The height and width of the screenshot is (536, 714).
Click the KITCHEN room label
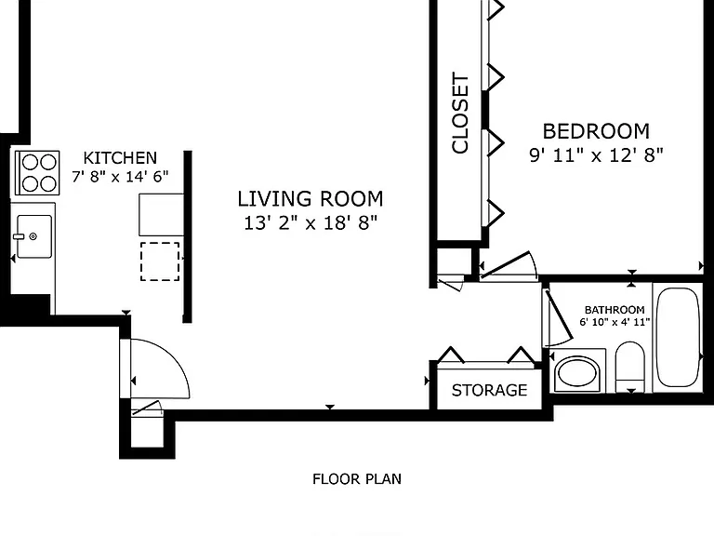120,158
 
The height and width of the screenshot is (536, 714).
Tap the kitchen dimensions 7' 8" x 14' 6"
120,176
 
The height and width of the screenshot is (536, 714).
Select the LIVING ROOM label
311,199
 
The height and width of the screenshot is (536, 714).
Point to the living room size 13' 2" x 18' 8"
311,223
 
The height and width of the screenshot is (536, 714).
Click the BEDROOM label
596,131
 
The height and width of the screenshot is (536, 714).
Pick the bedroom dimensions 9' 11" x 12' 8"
596,155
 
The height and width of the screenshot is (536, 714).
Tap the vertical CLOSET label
460,113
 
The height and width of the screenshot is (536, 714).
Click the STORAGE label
490,390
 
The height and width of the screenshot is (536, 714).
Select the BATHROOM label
615,310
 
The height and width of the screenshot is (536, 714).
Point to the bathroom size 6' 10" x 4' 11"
615,322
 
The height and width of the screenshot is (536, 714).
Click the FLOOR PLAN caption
357,479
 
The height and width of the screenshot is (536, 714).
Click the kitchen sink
34,236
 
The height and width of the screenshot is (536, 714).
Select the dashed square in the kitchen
160,261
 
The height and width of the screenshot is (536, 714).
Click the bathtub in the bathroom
678,337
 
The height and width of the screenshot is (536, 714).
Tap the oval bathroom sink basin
577,372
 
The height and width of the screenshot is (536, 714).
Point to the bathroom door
558,317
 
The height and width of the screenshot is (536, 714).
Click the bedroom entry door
509,264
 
